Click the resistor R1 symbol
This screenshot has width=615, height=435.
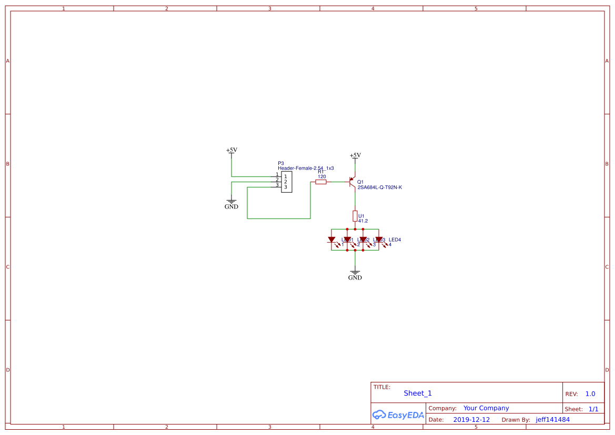(320, 182)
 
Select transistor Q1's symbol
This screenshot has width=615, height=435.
(353, 182)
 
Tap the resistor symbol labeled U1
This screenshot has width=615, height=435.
(355, 216)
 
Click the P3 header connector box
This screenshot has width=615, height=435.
(286, 182)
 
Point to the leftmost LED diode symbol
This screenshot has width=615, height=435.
(331, 240)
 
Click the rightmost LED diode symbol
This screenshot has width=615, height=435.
(379, 240)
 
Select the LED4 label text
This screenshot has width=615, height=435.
(395, 240)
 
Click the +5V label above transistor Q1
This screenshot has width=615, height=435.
(356, 155)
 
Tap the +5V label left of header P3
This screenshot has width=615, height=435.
(231, 150)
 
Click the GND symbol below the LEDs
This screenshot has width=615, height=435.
(355, 274)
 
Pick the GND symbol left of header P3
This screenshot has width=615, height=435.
(231, 203)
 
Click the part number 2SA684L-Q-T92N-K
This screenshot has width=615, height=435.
(379, 187)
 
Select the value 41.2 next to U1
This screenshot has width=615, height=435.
(363, 221)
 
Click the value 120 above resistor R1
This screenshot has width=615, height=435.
(322, 177)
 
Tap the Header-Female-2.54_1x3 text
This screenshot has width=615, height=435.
(306, 168)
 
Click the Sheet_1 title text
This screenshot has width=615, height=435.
(418, 393)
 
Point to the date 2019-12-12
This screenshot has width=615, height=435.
(471, 420)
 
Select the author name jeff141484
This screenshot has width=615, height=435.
(552, 420)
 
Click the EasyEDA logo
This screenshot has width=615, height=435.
(398, 415)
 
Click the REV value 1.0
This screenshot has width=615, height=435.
(590, 394)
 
